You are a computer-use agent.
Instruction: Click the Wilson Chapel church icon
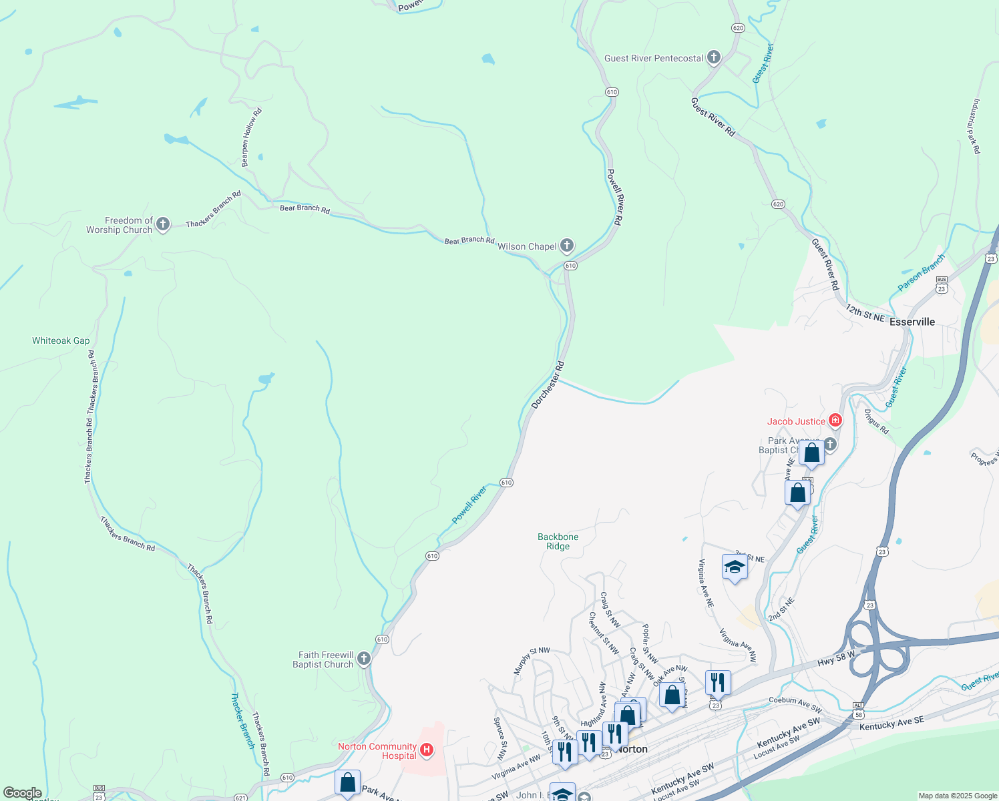pyautogui.click(x=566, y=246)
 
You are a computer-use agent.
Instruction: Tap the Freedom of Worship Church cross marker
pyautogui.click(x=163, y=225)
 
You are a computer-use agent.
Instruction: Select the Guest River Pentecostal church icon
pyautogui.click(x=713, y=57)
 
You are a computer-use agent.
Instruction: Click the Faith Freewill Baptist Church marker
pyautogui.click(x=364, y=659)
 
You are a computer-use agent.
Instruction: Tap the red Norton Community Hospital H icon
pyautogui.click(x=427, y=750)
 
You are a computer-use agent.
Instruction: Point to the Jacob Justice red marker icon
pyautogui.click(x=835, y=421)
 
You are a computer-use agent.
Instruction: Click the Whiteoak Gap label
pyautogui.click(x=61, y=340)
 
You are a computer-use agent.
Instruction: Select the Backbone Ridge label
pyautogui.click(x=558, y=541)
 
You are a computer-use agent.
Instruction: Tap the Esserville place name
pyautogui.click(x=912, y=322)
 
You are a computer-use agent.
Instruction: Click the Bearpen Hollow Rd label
pyautogui.click(x=251, y=138)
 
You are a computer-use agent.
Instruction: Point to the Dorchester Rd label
pyautogui.click(x=548, y=385)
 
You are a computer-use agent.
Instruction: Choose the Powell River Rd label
pyautogui.click(x=614, y=197)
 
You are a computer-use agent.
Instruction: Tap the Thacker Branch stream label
pyautogui.click(x=241, y=720)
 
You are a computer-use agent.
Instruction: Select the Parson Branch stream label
pyautogui.click(x=922, y=273)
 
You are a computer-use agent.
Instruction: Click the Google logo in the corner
pyautogui.click(x=23, y=793)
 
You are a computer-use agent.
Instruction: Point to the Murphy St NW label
pyautogui.click(x=531, y=660)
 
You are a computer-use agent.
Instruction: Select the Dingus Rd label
pyautogui.click(x=877, y=422)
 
